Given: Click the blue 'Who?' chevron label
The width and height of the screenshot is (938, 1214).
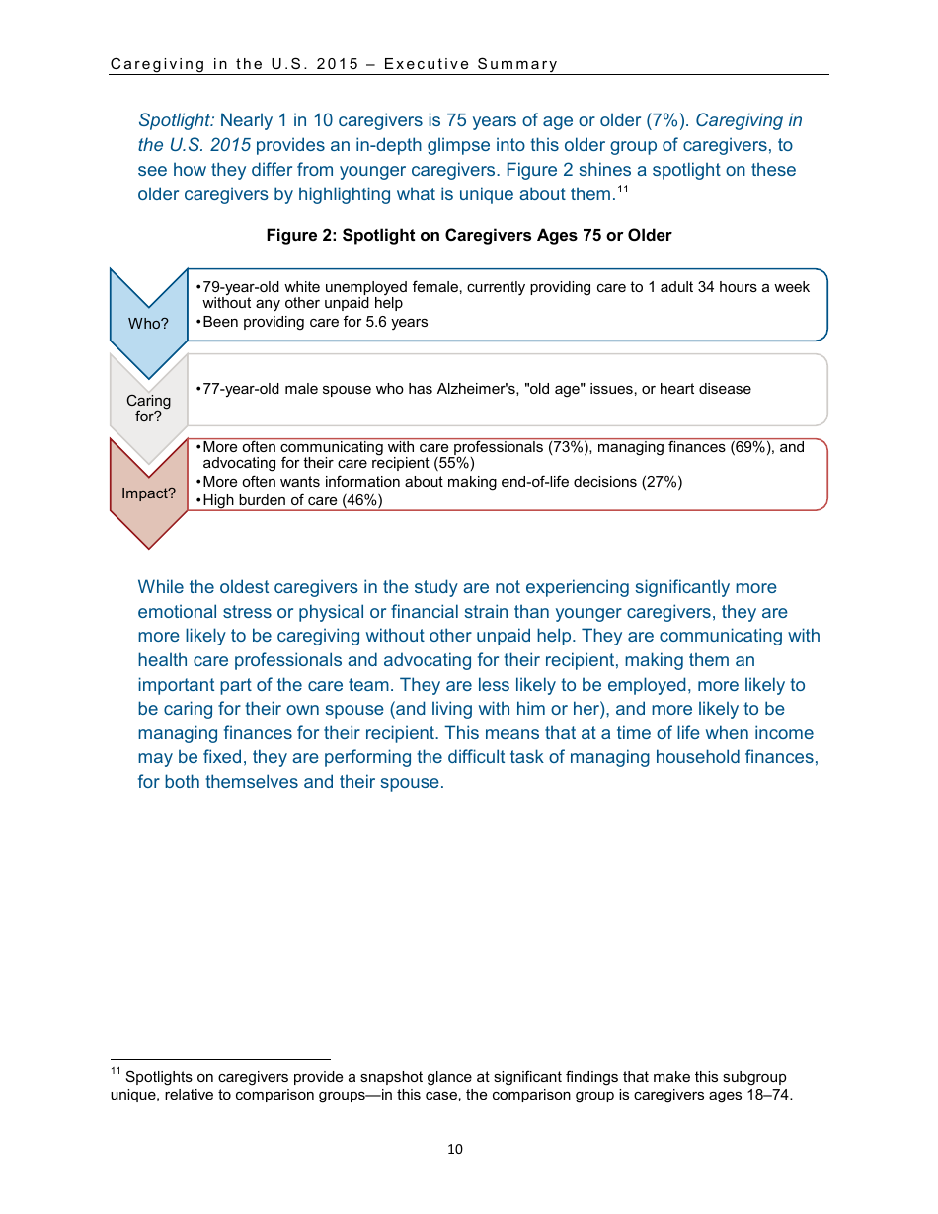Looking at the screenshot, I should [x=148, y=324].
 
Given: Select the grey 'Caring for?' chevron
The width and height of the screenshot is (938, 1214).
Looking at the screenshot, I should [x=148, y=408].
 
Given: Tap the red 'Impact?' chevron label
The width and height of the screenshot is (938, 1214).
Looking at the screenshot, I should [x=148, y=493].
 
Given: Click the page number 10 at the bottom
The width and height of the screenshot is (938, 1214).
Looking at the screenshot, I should [x=454, y=1149].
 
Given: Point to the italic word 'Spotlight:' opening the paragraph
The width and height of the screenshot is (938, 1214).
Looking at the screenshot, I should [x=176, y=121].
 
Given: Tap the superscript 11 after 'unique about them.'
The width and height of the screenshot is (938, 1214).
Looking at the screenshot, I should [x=623, y=189].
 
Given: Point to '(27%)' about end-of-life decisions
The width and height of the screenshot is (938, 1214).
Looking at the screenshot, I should [x=662, y=482].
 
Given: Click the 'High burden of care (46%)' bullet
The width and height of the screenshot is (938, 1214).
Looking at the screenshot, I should [x=291, y=500].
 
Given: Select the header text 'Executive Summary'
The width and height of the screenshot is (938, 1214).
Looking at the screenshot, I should [x=471, y=64].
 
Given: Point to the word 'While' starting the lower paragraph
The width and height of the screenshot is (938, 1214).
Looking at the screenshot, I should [x=160, y=587].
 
